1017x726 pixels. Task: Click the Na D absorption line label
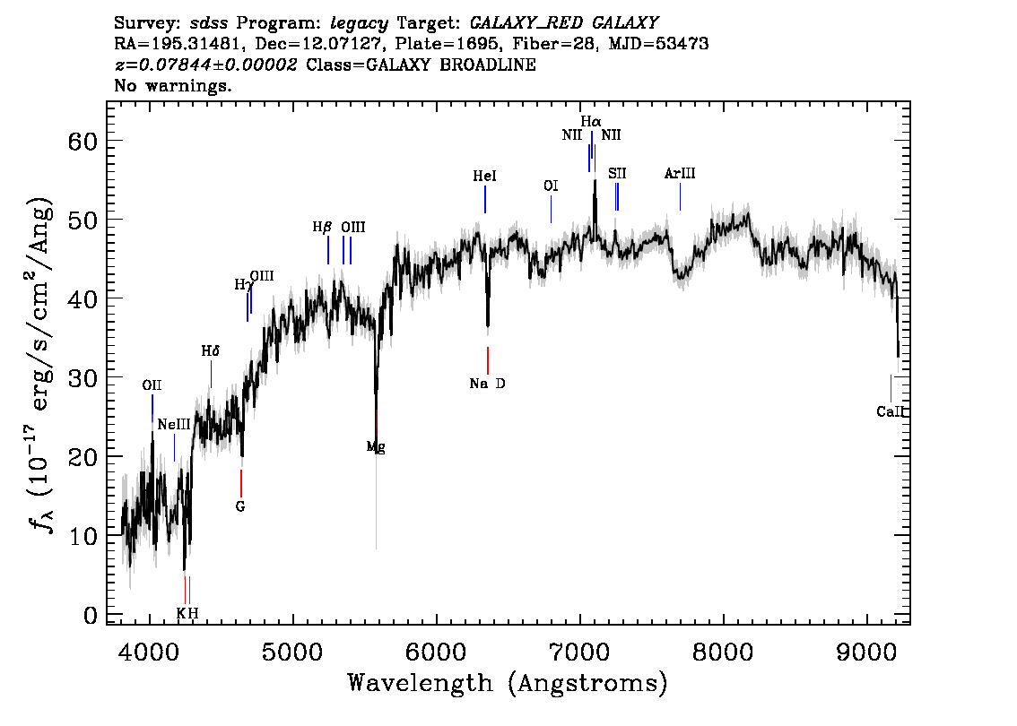(487, 384)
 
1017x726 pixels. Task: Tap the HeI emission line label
(484, 177)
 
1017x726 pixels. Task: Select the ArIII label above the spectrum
(680, 174)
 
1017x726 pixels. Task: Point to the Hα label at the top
(591, 121)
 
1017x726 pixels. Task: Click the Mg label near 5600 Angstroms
(376, 446)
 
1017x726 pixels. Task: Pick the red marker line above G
(240, 483)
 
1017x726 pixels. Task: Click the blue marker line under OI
(551, 209)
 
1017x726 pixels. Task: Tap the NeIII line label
(174, 425)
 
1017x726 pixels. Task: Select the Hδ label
(210, 351)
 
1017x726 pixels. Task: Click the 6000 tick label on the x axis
(437, 651)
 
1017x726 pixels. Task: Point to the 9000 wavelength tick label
(867, 651)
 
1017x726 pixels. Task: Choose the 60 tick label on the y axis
(83, 141)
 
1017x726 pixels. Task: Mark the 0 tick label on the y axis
(91, 615)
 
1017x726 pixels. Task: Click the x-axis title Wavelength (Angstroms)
(508, 683)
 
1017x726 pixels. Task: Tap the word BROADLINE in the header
(488, 65)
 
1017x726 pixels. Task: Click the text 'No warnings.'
(172, 85)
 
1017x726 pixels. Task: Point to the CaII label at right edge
(891, 411)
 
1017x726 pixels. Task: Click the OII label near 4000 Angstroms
(152, 385)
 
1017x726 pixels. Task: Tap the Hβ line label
(322, 228)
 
